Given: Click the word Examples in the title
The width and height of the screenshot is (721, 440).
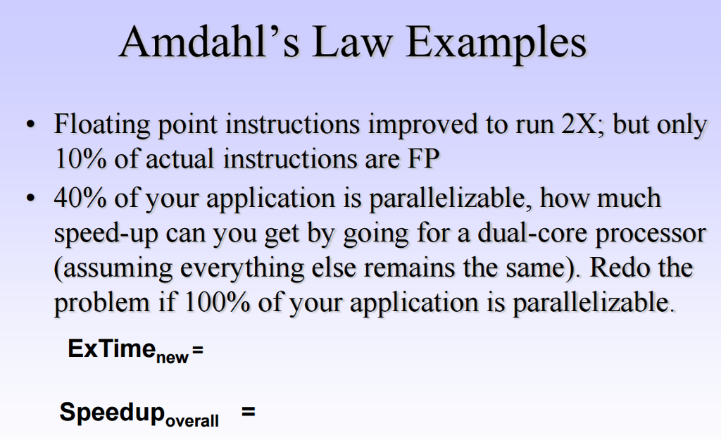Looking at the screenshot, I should tap(497, 44).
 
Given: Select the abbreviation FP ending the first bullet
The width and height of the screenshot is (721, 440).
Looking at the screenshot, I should tap(423, 159).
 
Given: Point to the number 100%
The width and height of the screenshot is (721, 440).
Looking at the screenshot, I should tap(211, 303).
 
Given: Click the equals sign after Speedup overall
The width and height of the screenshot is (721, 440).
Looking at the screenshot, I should tap(247, 413).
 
